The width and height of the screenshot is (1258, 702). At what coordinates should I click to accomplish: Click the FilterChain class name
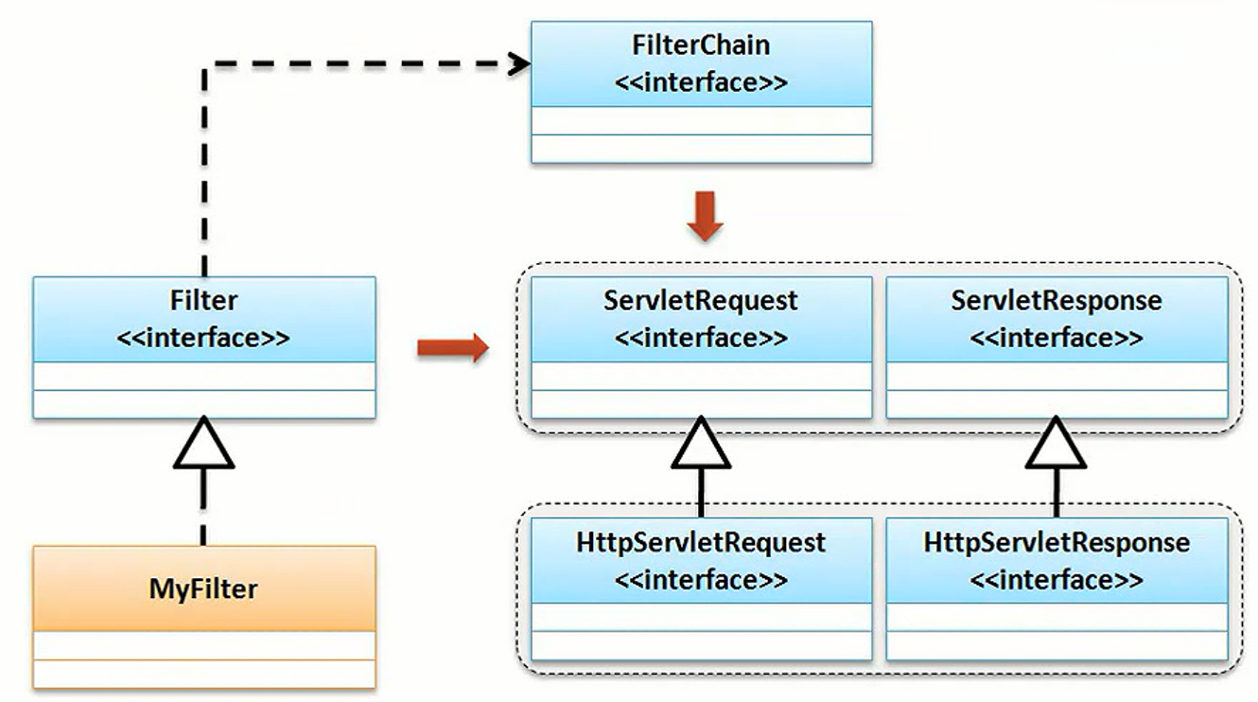coord(701,45)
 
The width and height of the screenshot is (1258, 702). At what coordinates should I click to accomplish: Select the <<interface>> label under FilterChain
coord(701,82)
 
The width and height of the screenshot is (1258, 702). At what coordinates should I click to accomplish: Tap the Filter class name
coord(204,301)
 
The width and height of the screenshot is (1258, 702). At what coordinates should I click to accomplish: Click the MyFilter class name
coord(203,589)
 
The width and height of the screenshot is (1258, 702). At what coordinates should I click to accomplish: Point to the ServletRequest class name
coord(701,301)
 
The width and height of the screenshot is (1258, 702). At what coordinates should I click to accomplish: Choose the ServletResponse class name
coord(1057,301)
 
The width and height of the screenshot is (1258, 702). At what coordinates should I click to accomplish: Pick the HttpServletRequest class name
coord(701,543)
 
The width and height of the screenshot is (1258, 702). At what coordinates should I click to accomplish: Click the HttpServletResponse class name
coord(1057,543)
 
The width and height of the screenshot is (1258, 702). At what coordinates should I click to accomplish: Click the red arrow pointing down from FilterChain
coord(705,217)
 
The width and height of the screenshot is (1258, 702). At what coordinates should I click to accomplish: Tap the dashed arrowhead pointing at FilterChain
coord(518,64)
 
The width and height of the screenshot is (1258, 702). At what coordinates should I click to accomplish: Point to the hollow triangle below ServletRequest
coord(701,444)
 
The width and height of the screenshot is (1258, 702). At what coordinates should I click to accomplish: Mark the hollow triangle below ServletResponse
coord(1057,444)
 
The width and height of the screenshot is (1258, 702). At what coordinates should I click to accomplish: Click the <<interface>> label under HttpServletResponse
coord(1057,579)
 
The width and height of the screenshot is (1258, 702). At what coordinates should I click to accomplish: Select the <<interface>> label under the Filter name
coord(204,338)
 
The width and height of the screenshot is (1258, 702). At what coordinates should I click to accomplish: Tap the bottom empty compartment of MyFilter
coord(203,675)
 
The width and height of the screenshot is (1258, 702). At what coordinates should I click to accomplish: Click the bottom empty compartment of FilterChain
coord(701,149)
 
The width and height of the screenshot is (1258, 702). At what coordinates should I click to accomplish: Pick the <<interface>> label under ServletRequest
coord(701,338)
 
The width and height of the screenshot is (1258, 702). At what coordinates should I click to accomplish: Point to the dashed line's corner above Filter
coord(205,65)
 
